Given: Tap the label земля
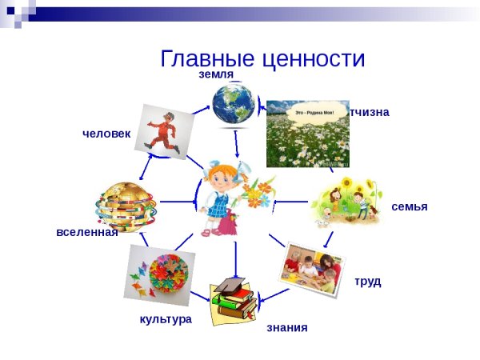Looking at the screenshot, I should [216, 74].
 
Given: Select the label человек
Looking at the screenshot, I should [106, 133].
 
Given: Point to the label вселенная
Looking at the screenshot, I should [86, 233].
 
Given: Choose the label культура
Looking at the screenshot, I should [166, 319].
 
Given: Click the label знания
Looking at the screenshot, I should [286, 327].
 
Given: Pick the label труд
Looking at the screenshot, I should [367, 281].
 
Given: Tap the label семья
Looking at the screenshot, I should [409, 206].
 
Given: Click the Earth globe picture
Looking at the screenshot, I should [234, 105].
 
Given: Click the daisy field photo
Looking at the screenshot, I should [307, 136].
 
